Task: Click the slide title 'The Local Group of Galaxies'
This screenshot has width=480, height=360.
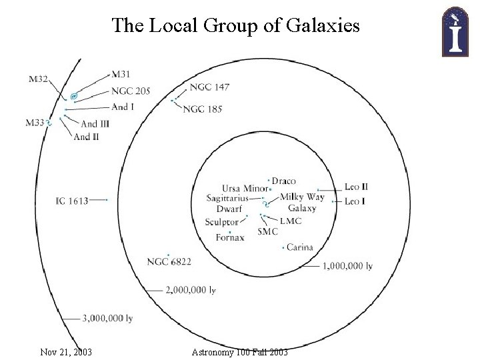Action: coord(236,25)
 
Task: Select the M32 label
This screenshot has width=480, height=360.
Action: coord(39,79)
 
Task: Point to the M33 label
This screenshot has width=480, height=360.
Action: coord(35,122)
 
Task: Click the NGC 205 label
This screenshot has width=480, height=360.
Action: coord(131,91)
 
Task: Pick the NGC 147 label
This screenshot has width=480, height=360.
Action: coord(209,87)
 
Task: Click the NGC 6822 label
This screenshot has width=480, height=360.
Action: coord(169,262)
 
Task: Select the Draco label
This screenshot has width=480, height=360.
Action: coord(283,181)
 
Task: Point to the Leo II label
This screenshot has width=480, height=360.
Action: coord(357,187)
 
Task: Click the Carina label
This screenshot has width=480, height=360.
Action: coord(299,247)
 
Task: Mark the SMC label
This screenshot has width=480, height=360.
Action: coord(267,231)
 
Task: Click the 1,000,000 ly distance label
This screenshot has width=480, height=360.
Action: coord(347,265)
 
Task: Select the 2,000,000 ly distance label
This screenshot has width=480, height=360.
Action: coord(190,290)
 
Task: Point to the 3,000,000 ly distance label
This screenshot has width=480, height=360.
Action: coord(107,319)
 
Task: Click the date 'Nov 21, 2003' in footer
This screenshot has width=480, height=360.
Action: coord(66,351)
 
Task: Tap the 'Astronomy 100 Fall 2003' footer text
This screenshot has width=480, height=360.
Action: coord(239,351)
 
